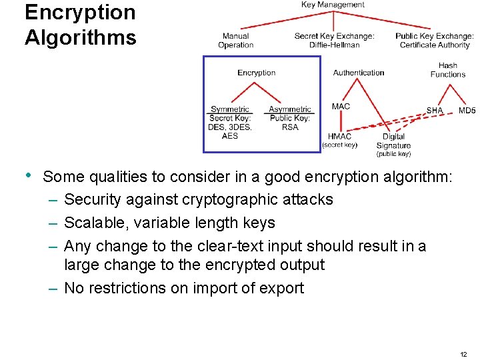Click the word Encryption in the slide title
tap(79, 12)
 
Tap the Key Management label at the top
tap(333, 5)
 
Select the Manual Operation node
tap(235, 41)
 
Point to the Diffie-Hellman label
tap(334, 45)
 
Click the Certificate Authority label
tap(435, 45)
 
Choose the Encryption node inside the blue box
tap(256, 73)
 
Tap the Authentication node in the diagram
tap(359, 73)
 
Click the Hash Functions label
tap(448, 70)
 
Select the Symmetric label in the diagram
tap(230, 109)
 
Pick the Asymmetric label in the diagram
tap(290, 109)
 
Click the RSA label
tap(290, 127)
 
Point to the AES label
tap(230, 136)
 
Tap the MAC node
tap(341, 106)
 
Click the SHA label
tap(435, 111)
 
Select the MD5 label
tap(467, 111)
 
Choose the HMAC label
tap(340, 137)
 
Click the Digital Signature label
tap(393, 141)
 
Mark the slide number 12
tap(463, 353)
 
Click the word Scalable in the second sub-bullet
tap(92, 223)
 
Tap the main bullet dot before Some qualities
tap(27, 175)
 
